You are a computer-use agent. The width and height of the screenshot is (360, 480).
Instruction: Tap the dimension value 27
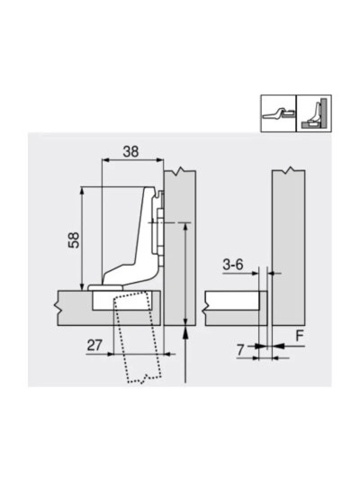tap(94, 343)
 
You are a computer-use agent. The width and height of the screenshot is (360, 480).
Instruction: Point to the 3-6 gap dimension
tap(233, 264)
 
